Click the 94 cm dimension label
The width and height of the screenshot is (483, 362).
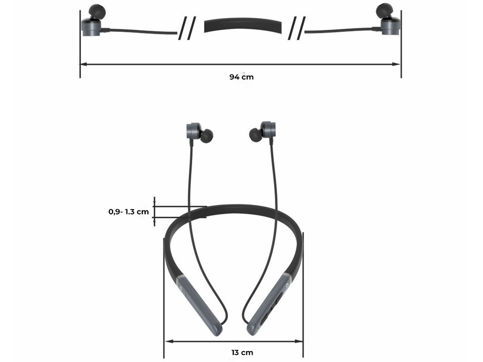pos(242,77)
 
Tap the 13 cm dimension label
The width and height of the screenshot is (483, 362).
pos(242,352)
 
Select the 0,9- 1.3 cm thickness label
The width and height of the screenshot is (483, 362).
pos(129,212)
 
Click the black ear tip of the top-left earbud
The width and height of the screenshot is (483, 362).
pos(97,12)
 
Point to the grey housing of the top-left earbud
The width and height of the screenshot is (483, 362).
pos(91,27)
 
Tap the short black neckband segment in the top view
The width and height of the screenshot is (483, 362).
pos(243,25)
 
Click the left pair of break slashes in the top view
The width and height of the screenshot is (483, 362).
pos(187,29)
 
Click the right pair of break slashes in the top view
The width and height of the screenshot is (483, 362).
pos(297,29)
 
